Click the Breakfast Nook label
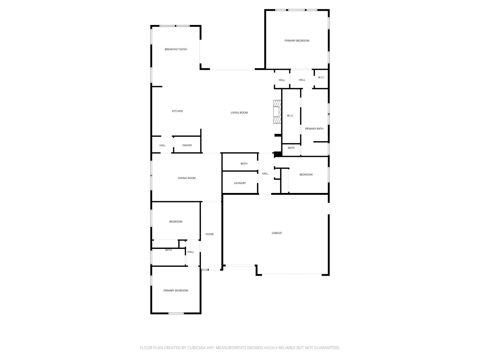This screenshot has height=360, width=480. [x=176, y=49]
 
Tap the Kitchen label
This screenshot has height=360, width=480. [x=177, y=111]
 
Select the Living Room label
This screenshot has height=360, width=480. [x=239, y=113]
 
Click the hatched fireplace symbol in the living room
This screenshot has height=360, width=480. [x=277, y=112]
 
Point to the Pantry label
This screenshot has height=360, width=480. [x=187, y=145]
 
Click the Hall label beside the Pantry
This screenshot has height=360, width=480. [x=163, y=145]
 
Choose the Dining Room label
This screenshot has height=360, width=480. [x=187, y=178]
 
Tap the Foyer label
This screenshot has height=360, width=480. [x=209, y=234]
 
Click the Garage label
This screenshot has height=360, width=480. [x=276, y=233]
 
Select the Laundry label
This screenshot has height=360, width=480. [x=240, y=183]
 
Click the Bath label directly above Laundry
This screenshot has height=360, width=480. [x=244, y=164]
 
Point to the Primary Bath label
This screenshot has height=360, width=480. [x=314, y=129]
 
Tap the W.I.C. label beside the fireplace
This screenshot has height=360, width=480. [x=290, y=116]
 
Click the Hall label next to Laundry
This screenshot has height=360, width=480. [x=265, y=173]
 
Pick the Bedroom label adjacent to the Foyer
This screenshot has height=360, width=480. [x=176, y=222]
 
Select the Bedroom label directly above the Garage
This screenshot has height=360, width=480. [x=306, y=175]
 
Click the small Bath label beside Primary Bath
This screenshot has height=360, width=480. [x=291, y=148]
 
